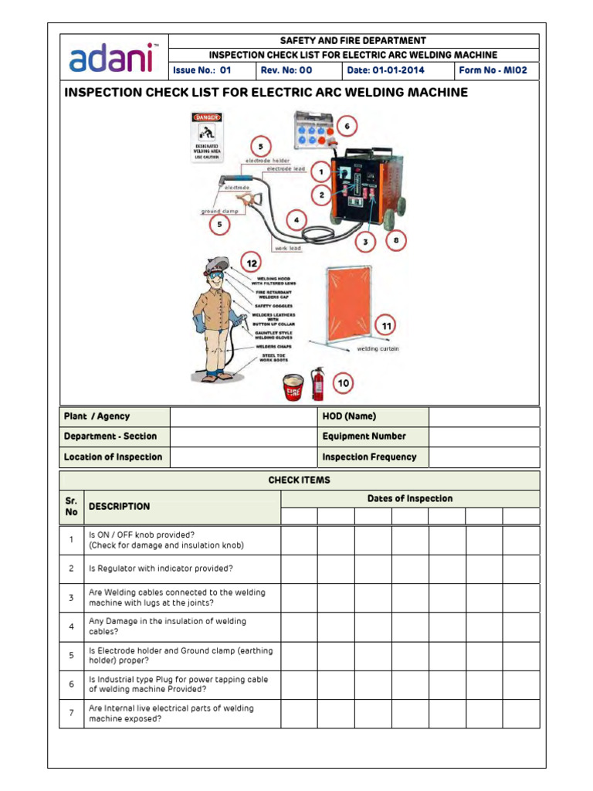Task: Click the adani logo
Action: [x=112, y=57]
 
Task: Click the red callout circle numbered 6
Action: [x=347, y=126]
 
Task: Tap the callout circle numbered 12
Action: [x=252, y=264]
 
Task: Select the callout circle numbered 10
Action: [x=343, y=382]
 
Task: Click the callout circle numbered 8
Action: [x=396, y=240]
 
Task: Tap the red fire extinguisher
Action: [x=317, y=383]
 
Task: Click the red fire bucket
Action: [x=292, y=386]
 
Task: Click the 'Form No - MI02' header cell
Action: [x=493, y=70]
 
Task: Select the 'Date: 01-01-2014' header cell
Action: [x=386, y=70]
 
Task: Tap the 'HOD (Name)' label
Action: [x=349, y=416]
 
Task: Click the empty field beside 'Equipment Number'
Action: [x=483, y=436]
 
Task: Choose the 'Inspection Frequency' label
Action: [x=369, y=457]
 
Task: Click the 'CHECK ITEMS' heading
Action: [x=299, y=480]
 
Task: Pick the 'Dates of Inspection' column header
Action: [x=409, y=499]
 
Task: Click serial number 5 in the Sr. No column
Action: [x=71, y=656]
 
